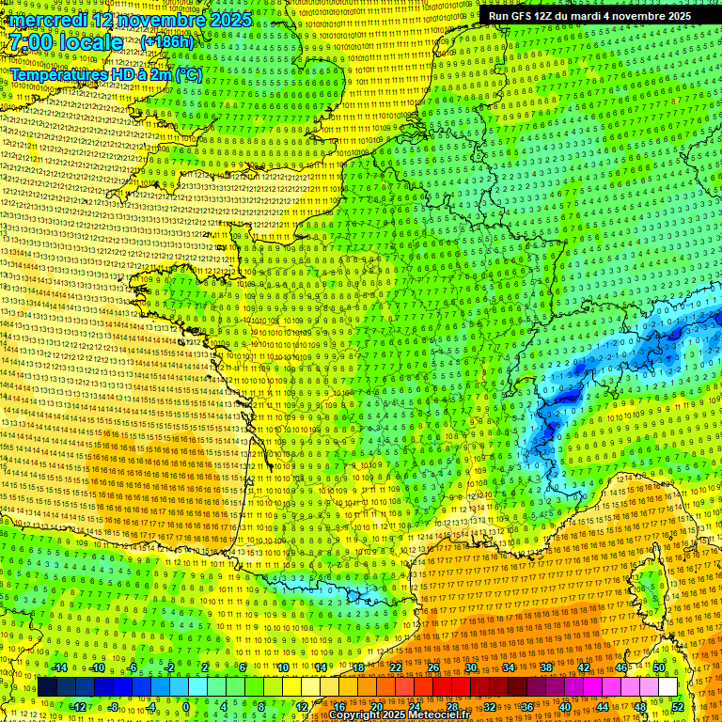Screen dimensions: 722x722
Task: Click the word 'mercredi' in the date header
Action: tap(47, 20)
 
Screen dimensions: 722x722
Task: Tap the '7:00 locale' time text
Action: tap(66, 42)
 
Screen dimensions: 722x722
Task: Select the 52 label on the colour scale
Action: tap(678, 706)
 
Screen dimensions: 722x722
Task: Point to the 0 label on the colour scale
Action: tap(187, 706)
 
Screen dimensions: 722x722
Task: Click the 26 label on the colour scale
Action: tap(433, 667)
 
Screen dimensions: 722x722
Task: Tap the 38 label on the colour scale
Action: tap(546, 667)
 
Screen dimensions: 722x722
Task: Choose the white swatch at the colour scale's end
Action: tap(667, 687)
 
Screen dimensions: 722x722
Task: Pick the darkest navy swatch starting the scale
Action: tap(47, 687)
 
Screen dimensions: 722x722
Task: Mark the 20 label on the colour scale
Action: tap(377, 706)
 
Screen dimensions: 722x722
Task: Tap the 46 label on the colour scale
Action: tap(621, 667)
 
